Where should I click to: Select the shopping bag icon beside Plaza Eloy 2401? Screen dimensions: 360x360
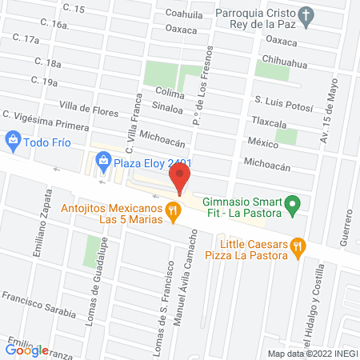pyautogui.click(x=102, y=162)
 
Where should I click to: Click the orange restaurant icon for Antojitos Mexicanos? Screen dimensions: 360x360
pyautogui.click(x=172, y=210)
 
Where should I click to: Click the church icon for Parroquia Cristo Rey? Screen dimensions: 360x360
pyautogui.click(x=305, y=14)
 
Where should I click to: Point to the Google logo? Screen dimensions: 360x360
pyautogui.click(x=27, y=350)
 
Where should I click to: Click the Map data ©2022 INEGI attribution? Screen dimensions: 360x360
pyautogui.click(x=311, y=353)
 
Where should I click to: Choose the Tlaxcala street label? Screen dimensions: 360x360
pyautogui.click(x=269, y=121)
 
